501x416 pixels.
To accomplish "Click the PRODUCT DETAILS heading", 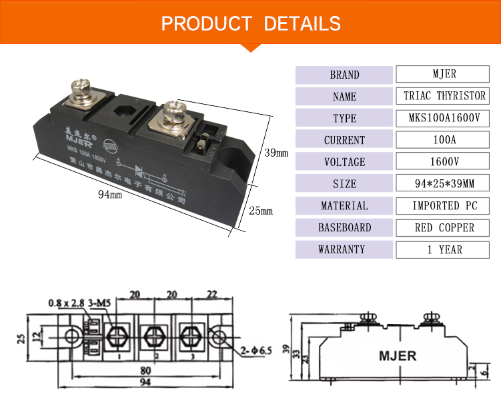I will pos(250,23).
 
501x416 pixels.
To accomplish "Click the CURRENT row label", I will pos(344,140).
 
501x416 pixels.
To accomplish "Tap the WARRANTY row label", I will pos(344,250).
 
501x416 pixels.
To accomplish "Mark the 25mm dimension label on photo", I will pos(262,212).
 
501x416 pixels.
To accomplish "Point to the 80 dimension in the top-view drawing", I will pos(145,372).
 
